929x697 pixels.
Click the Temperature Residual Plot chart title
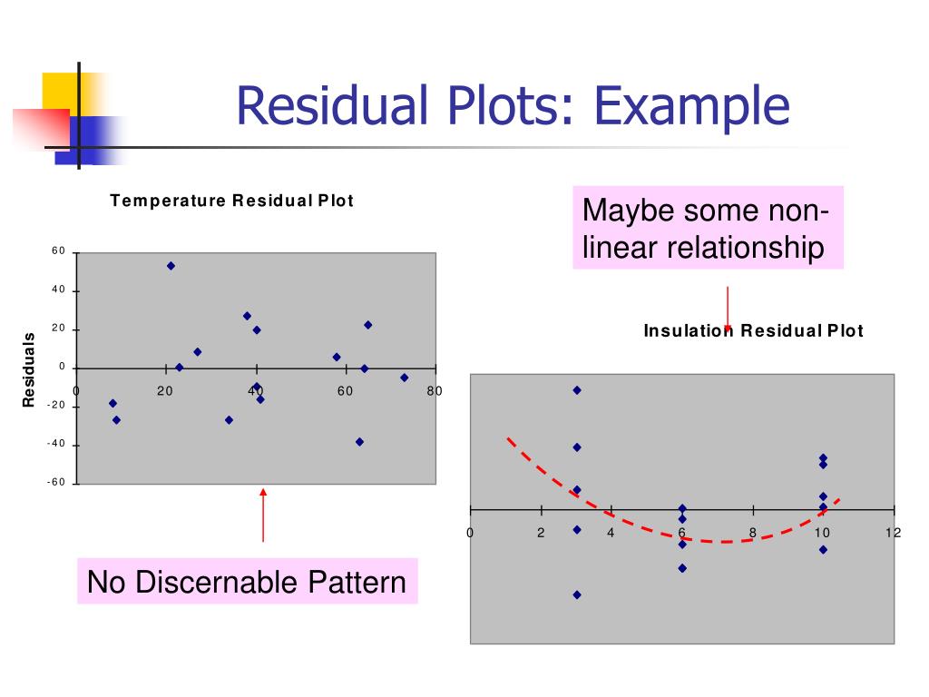pos(231,201)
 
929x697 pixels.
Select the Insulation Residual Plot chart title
pos(753,331)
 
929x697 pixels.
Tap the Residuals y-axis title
pos(28,369)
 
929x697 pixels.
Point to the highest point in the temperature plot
pos(171,266)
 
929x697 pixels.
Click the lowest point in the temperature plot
pos(359,442)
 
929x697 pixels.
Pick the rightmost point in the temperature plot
pos(404,378)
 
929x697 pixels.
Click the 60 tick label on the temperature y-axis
pos(58,251)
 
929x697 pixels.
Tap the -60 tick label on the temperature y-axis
pos(56,483)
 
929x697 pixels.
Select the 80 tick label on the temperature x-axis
pos(435,391)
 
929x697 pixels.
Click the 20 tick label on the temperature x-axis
pos(165,391)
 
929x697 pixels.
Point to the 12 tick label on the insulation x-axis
pos(894,533)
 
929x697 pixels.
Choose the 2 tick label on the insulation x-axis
pos(541,533)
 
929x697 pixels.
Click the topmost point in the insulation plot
pos(577,390)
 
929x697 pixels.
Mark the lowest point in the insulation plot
pos(577,594)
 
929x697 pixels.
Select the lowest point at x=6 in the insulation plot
pos(682,568)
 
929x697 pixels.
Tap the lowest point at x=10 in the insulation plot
pos(823,549)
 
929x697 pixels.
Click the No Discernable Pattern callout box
pos(247,582)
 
